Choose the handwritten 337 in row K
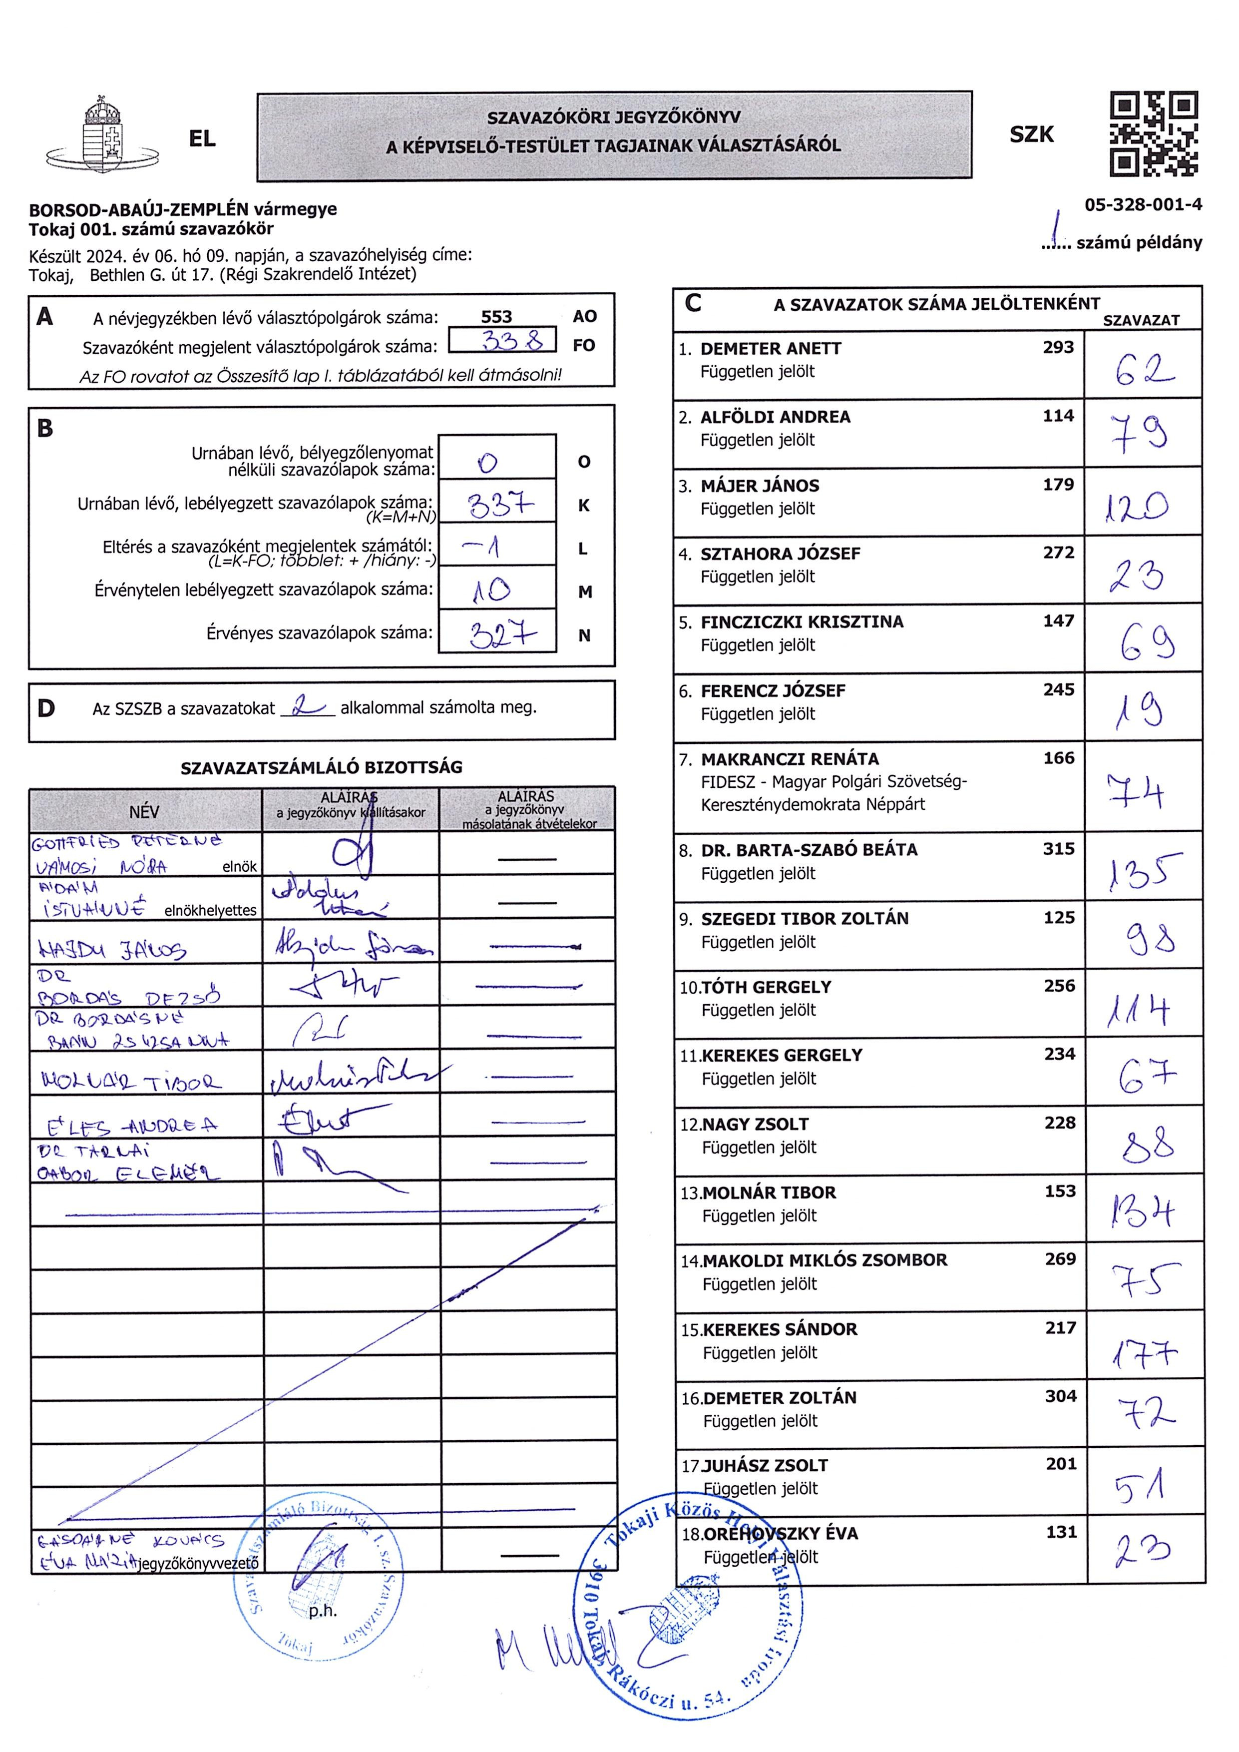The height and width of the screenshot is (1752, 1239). (500, 505)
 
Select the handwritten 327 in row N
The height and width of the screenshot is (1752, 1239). (502, 633)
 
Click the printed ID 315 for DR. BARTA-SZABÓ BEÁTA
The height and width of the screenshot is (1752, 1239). (1058, 849)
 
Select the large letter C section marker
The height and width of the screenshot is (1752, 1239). (693, 303)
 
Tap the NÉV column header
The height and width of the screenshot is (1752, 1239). (144, 812)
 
